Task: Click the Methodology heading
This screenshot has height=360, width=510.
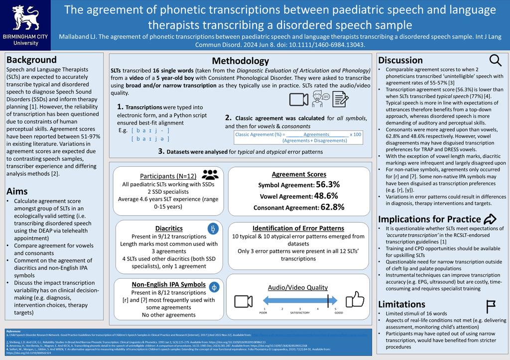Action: pos(240,61)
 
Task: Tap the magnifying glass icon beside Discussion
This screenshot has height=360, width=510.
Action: pos(496,60)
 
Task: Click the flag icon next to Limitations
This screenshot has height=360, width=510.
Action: pos(490,304)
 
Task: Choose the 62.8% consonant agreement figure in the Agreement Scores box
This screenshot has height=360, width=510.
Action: pos(332,207)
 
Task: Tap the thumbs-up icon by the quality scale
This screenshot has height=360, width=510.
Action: pos(355,300)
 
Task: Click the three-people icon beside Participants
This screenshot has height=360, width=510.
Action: pos(210,174)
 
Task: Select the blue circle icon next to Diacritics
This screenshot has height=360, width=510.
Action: pos(213,229)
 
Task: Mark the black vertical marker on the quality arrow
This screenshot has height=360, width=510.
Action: pos(328,300)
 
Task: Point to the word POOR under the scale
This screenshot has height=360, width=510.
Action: pos(263,313)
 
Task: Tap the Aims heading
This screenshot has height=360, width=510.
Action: pos(17,191)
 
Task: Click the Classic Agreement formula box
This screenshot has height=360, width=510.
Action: pos(298,137)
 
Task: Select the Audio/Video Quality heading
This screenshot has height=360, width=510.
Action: pos(298,287)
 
